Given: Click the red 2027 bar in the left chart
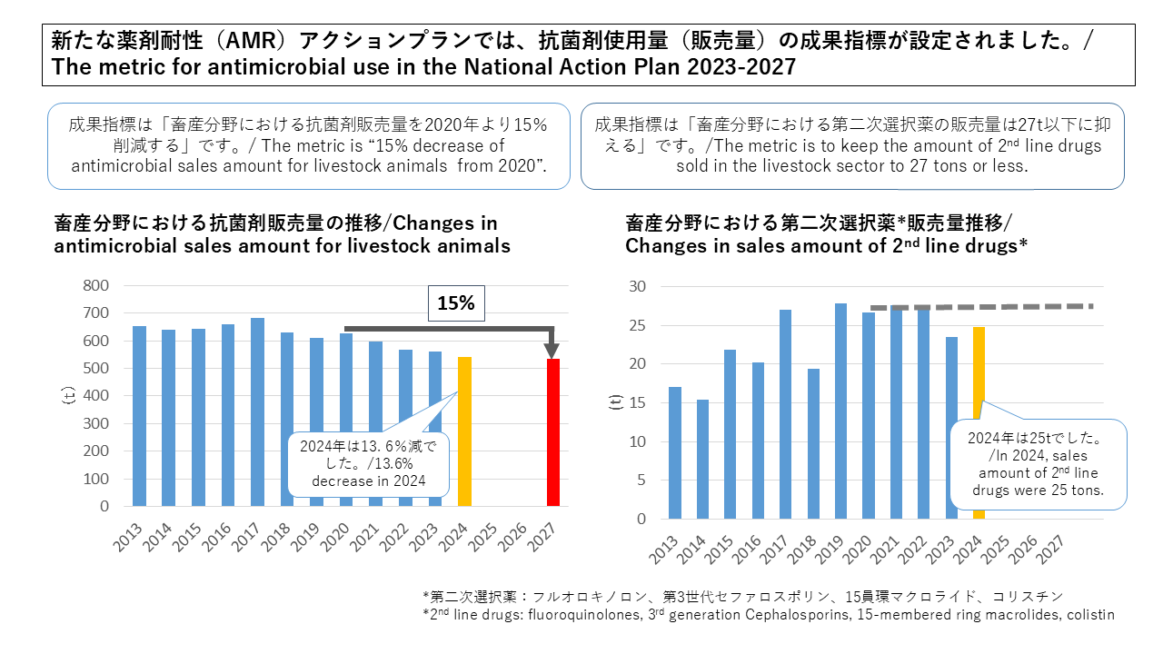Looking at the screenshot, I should (552, 432).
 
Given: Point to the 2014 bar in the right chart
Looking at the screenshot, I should (702, 459).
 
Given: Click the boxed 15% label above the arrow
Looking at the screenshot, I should (456, 303).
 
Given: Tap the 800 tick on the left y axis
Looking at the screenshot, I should (96, 285).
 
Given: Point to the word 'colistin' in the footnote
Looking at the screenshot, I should (1088, 615).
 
